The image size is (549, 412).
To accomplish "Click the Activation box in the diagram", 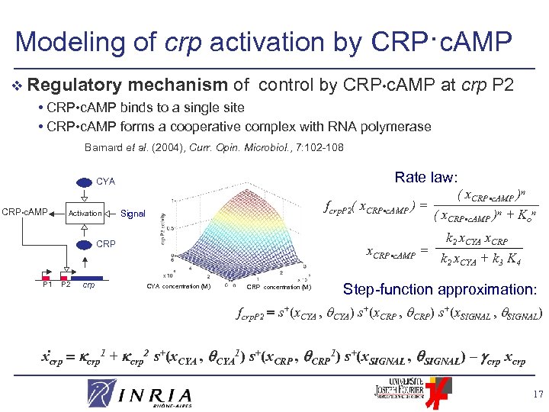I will (85, 214).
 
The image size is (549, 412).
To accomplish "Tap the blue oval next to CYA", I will (82, 182).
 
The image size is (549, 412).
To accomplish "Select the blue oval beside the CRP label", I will (82, 244).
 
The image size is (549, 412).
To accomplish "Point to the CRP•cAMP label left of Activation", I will (24, 211).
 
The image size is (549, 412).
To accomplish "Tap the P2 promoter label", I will (66, 285).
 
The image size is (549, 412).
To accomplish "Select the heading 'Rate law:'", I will (425, 177).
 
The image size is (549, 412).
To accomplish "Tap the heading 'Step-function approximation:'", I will (438, 289).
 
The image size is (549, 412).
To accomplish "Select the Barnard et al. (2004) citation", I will (213, 146).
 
